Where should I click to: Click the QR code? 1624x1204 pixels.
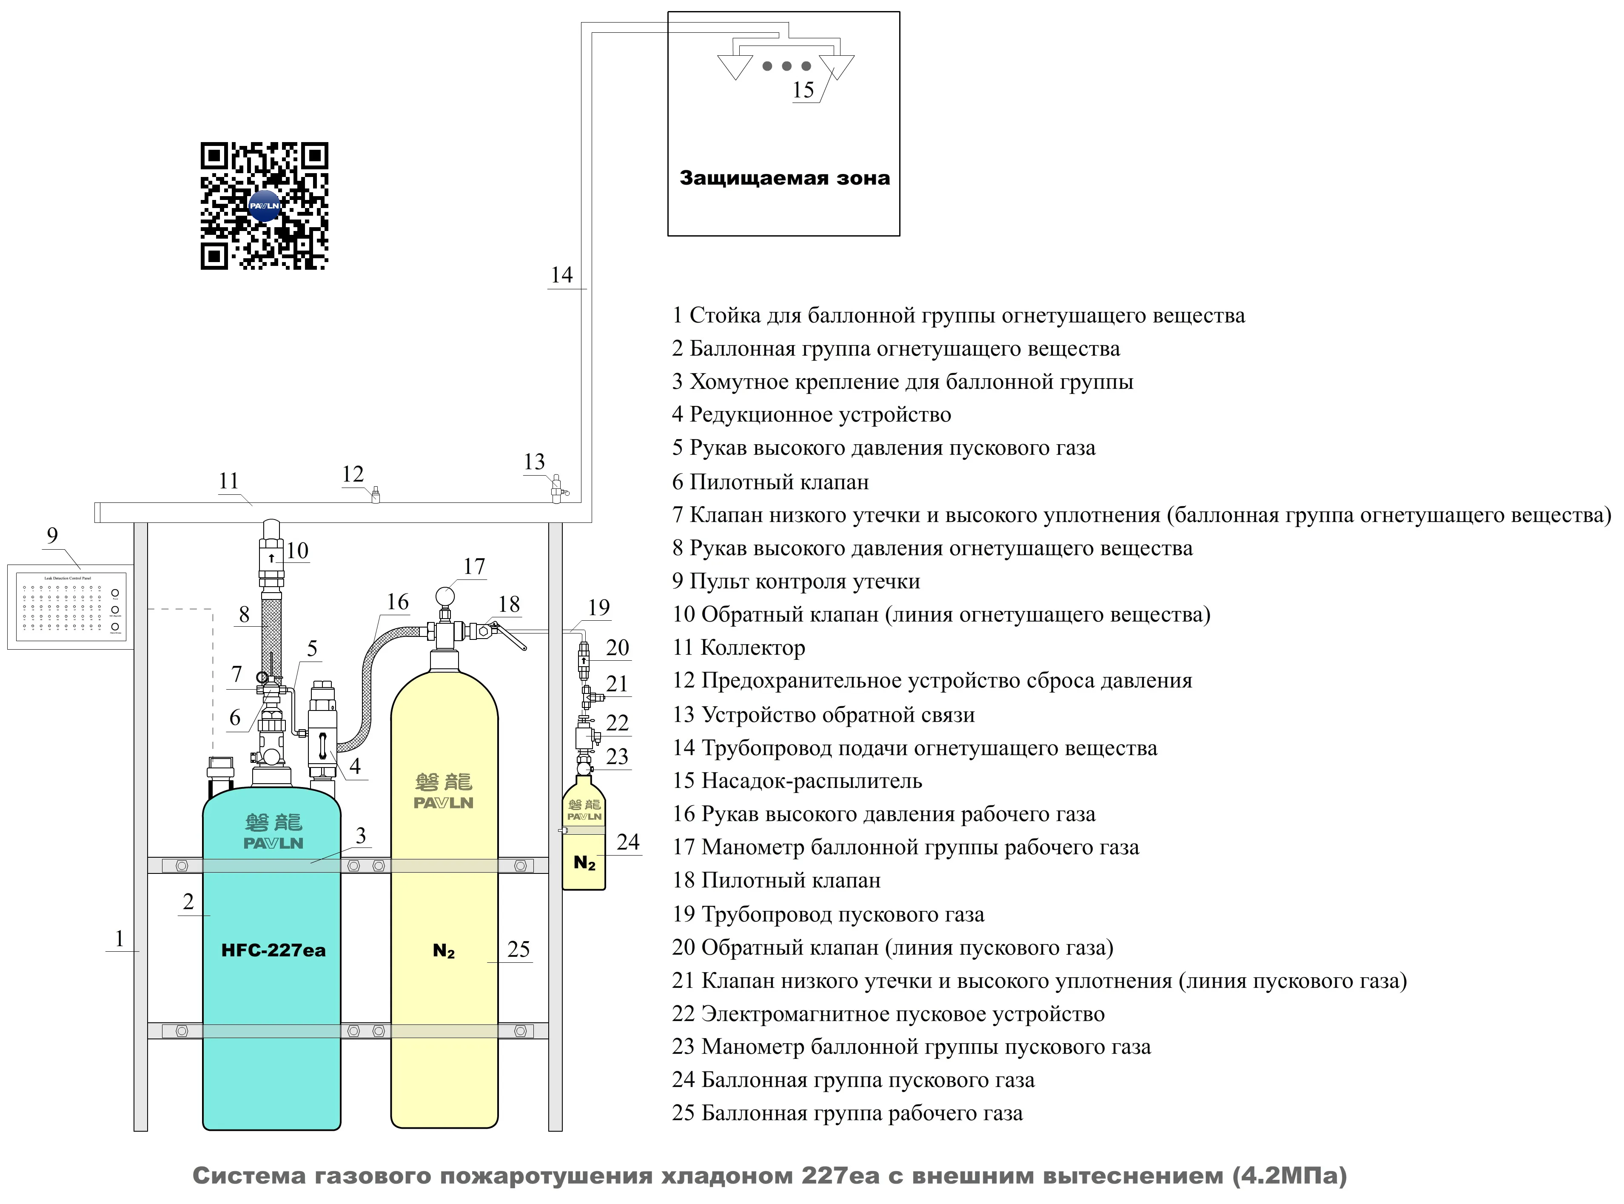(265, 205)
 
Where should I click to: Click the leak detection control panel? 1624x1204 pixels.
(71, 606)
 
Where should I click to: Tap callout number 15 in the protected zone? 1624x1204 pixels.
(803, 90)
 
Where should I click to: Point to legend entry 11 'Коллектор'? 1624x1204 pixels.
(739, 647)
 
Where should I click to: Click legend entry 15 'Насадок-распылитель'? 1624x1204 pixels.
(797, 781)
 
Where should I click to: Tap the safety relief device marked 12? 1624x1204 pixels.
(376, 496)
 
